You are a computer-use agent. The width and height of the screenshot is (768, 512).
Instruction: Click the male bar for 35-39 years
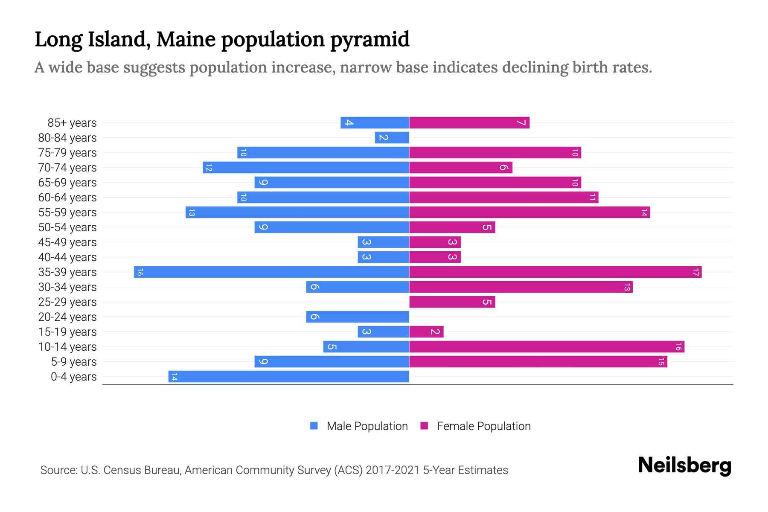[271, 272]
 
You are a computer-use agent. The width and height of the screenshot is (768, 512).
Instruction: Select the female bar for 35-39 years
[555, 272]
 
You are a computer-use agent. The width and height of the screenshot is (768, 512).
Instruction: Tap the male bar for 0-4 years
[288, 377]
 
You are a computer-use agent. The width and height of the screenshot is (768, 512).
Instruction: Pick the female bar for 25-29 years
[452, 302]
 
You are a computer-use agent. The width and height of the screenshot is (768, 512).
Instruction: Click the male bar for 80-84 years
[392, 138]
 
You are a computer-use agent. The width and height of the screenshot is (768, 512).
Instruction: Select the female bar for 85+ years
[469, 123]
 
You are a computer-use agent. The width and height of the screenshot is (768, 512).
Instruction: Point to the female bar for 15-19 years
[426, 332]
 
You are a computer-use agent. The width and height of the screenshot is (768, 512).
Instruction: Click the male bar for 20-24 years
[357, 317]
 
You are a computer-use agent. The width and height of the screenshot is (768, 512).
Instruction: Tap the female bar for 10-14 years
[547, 347]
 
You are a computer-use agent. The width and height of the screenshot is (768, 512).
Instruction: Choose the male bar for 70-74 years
[305, 168]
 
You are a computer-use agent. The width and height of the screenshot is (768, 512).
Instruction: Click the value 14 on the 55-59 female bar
[644, 212]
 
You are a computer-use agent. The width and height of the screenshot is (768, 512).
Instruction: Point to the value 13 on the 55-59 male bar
[192, 212]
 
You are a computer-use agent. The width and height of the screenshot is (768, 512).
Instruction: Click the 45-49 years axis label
[67, 242]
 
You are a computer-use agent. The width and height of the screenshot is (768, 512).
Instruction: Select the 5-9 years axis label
[74, 362]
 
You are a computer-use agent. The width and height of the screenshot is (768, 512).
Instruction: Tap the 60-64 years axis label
[67, 198]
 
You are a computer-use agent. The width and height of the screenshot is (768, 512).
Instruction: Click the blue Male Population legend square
[314, 426]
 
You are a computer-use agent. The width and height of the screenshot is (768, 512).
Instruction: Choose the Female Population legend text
[483, 426]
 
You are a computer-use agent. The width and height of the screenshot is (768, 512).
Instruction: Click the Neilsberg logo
[684, 465]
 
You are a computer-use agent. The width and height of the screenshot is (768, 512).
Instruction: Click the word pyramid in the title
[369, 40]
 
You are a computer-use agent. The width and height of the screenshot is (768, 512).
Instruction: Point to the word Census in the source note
[120, 470]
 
